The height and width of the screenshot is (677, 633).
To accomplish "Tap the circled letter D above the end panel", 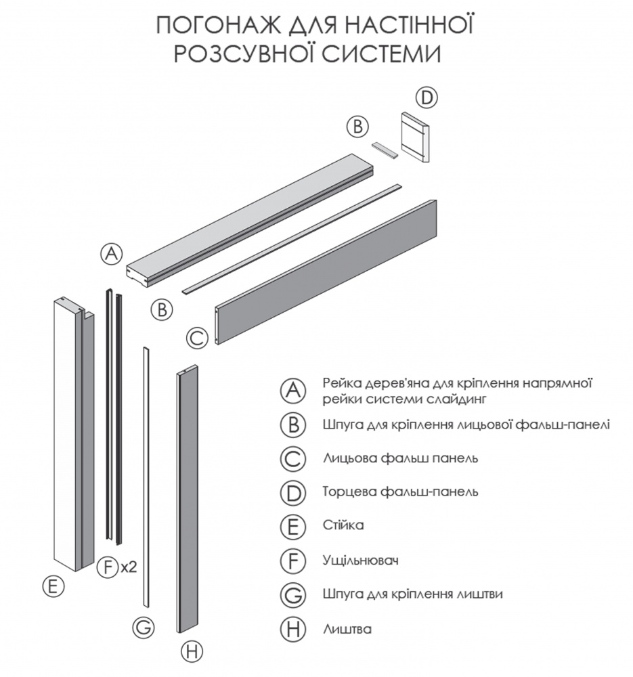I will (426, 97).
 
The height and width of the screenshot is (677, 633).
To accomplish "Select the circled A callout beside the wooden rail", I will (112, 254).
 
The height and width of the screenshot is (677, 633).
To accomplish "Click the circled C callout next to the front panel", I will (196, 337).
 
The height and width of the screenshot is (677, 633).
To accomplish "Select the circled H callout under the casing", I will (192, 652).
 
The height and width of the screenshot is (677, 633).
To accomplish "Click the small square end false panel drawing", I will (414, 137).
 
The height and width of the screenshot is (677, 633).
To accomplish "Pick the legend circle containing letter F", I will (292, 561).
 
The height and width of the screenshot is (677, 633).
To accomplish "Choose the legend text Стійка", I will (344, 525).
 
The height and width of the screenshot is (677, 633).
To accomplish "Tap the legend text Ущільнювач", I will (359, 561).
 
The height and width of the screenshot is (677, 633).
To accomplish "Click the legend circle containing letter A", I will (292, 391).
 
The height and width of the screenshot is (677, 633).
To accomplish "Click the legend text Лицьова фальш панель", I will (401, 458).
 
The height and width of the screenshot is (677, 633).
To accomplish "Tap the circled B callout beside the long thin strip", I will (161, 310).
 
